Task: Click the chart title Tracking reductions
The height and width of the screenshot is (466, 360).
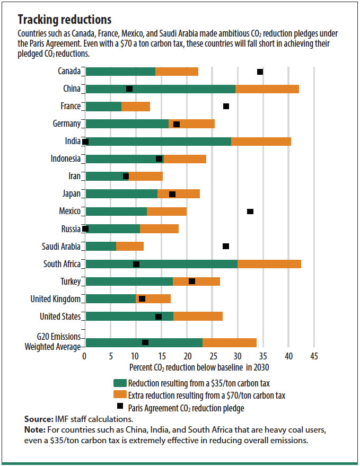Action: point(65,20)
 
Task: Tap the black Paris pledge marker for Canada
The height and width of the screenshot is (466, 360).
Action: point(260,72)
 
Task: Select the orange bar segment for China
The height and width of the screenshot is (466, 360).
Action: point(267,89)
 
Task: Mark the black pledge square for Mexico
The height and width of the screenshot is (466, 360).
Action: point(250,212)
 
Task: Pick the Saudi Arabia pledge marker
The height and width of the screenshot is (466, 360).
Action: point(226,247)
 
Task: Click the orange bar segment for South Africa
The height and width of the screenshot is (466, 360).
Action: point(269,264)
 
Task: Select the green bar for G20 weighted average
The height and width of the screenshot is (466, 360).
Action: point(143,342)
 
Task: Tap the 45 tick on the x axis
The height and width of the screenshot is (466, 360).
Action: point(314,356)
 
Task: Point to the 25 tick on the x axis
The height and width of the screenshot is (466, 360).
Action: point(212,356)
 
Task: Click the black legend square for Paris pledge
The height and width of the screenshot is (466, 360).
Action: point(120,407)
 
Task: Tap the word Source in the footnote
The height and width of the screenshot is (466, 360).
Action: point(38,419)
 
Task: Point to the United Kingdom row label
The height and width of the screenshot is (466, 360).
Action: point(55,299)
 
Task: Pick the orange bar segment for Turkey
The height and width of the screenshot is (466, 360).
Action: point(196,282)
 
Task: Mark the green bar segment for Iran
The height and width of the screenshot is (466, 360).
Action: point(106,177)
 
